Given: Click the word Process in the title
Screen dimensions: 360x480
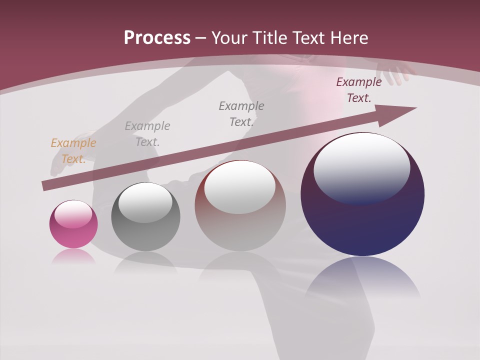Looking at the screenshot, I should coord(157,37).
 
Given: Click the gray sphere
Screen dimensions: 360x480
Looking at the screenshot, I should coord(145,217).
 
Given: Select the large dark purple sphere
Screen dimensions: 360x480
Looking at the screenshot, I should coord(362,194).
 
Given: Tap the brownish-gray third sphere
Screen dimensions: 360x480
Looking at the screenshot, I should coord(240,205).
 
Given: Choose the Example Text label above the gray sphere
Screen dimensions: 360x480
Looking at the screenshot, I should coord(147,133).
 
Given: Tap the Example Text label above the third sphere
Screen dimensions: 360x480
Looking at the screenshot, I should coord(241,113).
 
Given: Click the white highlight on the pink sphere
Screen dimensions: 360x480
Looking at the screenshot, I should coord(73,214).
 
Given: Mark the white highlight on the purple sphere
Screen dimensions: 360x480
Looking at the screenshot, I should coord(361,167).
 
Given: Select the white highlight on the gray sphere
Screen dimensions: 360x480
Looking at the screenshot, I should coord(145,202).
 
